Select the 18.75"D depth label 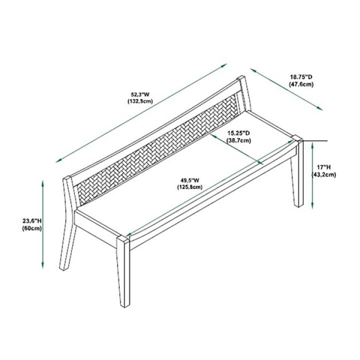tap(301, 77)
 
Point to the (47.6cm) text tap(301, 84)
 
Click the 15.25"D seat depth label tap(238, 133)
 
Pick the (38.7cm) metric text tap(238, 141)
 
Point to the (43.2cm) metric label tap(324, 174)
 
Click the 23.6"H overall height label tap(31, 220)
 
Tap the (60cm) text tap(31, 228)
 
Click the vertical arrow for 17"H tap(312, 175)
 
